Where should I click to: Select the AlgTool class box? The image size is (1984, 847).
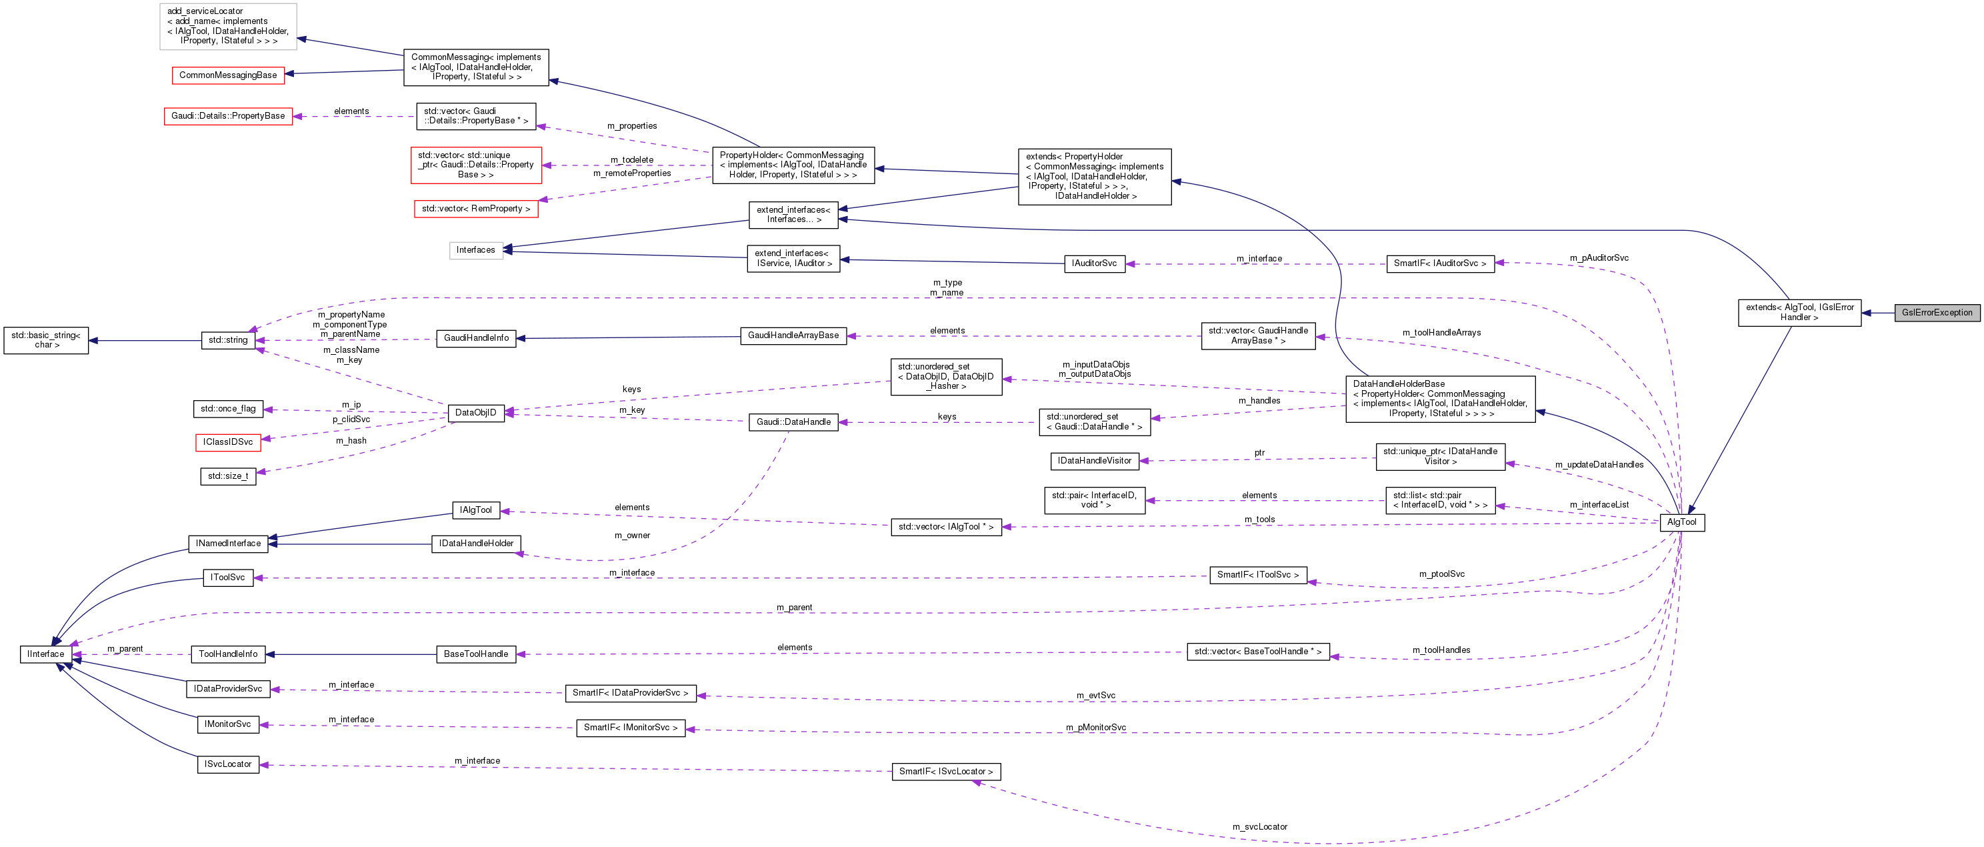coord(1681,522)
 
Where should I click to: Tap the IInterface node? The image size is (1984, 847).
coord(45,654)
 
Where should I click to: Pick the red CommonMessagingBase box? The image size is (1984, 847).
coord(227,75)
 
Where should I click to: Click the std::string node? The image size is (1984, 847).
coord(227,340)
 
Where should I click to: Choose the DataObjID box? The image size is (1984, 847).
coord(475,413)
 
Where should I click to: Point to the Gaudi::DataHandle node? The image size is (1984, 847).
coord(793,422)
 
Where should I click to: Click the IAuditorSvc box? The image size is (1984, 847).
coord(1093,263)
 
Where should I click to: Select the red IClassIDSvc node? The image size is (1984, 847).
coord(227,442)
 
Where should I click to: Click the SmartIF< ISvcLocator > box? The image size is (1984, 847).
coord(946,772)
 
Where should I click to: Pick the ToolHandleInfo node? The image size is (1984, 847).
coord(228,654)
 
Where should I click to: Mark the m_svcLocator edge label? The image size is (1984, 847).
coord(1259,827)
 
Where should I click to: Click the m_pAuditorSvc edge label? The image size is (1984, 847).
coord(1599,258)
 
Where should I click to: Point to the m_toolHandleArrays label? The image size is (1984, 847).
coord(1441,333)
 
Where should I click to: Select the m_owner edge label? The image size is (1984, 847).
coord(631,536)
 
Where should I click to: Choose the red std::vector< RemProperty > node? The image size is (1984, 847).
coord(475,209)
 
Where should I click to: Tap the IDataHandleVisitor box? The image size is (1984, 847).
coord(1093,461)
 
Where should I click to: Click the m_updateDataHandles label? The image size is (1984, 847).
coord(1599,465)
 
